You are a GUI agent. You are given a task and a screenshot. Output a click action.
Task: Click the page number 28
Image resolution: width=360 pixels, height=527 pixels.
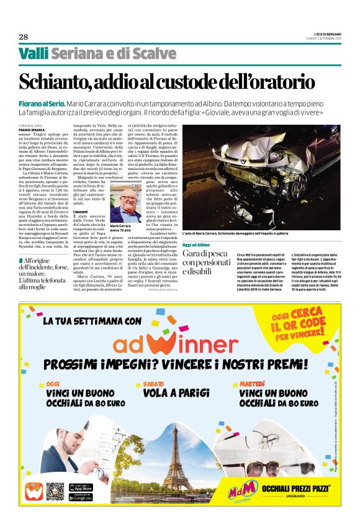pyautogui.click(x=23, y=36)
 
